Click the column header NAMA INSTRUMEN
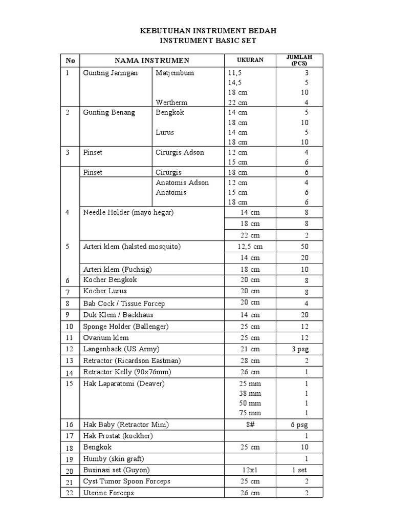tap(151, 60)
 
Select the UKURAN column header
tap(250, 60)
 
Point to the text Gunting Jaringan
tap(111, 73)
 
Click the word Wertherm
tap(171, 103)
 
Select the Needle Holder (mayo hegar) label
tap(128, 212)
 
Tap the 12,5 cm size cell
tap(249, 247)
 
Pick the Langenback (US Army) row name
tap(121, 349)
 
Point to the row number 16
tap(70, 425)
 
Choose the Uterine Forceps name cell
tap(108, 493)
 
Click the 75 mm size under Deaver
tap(250, 413)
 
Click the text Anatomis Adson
tap(182, 183)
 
